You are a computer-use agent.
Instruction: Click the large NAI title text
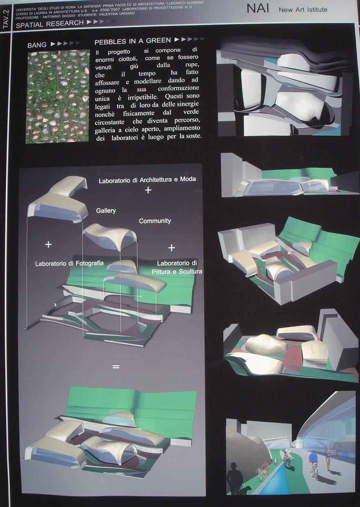tap(258, 9)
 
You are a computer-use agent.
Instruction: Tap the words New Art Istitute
tap(303, 10)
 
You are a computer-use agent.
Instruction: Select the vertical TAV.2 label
tap(6, 20)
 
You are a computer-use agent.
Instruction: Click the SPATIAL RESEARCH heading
tap(50, 24)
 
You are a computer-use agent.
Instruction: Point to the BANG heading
tap(37, 45)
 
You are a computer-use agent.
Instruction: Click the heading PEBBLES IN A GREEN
tap(132, 41)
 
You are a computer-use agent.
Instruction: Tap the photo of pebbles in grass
tap(58, 96)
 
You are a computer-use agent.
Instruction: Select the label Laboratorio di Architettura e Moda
tap(147, 179)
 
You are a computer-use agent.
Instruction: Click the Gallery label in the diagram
tap(106, 211)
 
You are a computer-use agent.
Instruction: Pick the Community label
tap(155, 221)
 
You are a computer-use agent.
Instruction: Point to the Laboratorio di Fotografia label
tap(69, 263)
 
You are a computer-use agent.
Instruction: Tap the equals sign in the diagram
tap(116, 367)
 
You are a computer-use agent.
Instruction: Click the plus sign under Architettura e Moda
tap(148, 190)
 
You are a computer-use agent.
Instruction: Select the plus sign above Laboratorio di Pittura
tap(171, 248)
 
